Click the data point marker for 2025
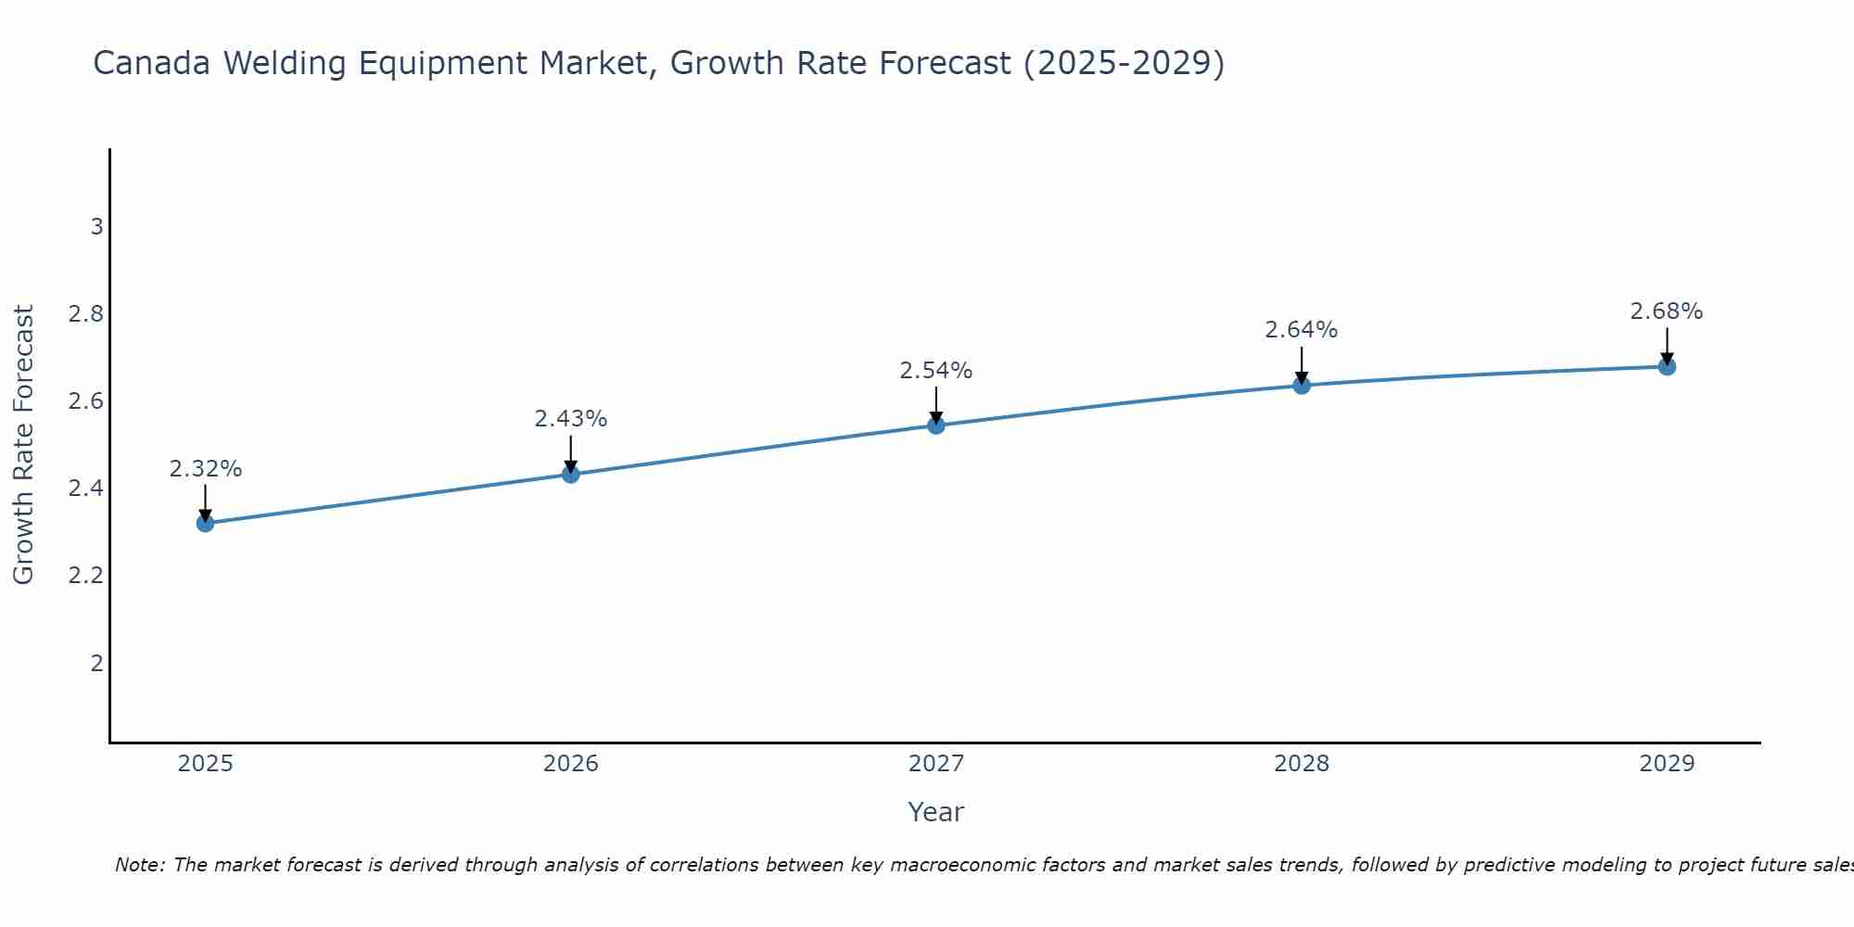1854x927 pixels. [205, 524]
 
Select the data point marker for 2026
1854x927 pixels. [571, 475]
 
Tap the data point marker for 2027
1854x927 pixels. [936, 425]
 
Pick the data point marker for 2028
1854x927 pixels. [1302, 385]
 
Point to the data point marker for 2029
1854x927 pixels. [1667, 367]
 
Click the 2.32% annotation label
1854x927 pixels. [205, 469]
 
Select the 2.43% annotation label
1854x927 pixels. [571, 419]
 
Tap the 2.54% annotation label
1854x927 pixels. [936, 371]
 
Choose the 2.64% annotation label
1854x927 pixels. [1302, 330]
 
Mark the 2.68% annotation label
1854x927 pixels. [1667, 311]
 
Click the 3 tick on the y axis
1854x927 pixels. [96, 227]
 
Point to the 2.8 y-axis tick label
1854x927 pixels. [86, 314]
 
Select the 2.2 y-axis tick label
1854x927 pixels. [86, 576]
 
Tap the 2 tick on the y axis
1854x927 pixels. [96, 663]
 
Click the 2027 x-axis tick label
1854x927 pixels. [936, 764]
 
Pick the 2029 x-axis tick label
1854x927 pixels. [1667, 764]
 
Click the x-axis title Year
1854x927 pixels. [936, 812]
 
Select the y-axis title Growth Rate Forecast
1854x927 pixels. [23, 445]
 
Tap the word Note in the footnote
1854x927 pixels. [137, 865]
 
